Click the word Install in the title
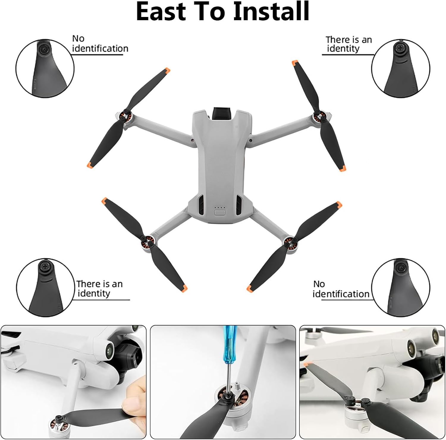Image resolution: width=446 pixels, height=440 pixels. [x=271, y=11]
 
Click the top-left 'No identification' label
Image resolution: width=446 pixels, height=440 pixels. [x=100, y=44]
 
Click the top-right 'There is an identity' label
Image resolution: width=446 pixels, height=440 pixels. [x=349, y=44]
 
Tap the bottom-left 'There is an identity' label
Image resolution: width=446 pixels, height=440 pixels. [x=99, y=289]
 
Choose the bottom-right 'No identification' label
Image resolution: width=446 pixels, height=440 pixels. [x=341, y=289]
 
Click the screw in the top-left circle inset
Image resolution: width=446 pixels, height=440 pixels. [x=43, y=48]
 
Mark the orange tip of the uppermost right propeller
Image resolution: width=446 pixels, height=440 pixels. [x=295, y=63]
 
